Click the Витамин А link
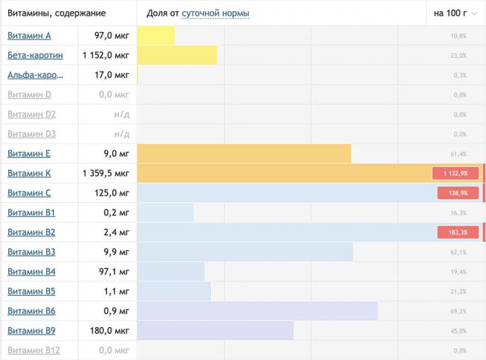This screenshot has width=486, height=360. (29, 36)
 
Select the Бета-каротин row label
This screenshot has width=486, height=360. (34, 55)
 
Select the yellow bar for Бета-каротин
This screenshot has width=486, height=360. (177, 55)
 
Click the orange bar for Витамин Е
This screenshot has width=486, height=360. (244, 153)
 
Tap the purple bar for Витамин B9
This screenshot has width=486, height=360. (215, 330)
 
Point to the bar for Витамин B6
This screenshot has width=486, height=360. (257, 311)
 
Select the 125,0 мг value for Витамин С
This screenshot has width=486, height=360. (112, 192)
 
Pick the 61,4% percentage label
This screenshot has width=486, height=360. (458, 154)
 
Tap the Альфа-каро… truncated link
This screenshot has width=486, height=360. (35, 75)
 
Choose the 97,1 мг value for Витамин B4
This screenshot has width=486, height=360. (113, 271)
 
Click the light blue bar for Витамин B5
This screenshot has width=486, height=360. (173, 291)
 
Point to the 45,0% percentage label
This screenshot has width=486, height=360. (458, 331)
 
